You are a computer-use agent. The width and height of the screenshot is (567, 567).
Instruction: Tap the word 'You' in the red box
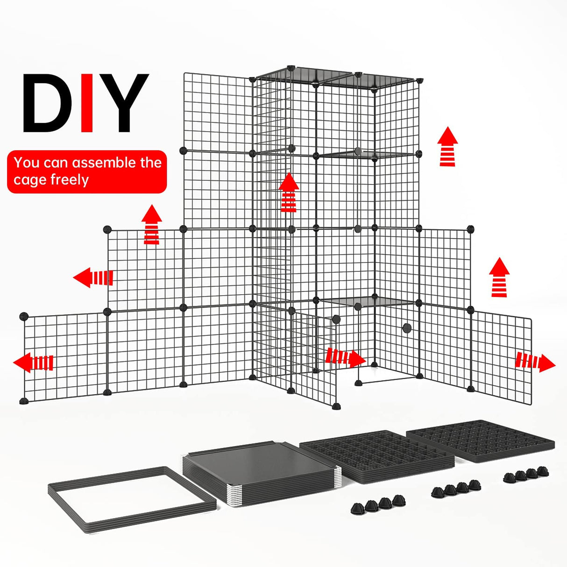pos(27,163)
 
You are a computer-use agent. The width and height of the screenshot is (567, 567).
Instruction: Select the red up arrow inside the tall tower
pos(289,192)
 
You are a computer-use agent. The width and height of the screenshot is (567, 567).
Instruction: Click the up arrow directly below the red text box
pos(151,225)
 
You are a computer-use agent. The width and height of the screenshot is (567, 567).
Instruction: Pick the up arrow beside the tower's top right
pos(447,146)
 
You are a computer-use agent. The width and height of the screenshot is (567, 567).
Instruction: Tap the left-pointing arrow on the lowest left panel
pos(33,362)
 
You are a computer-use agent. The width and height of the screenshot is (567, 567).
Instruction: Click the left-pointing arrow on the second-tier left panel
pos(93,278)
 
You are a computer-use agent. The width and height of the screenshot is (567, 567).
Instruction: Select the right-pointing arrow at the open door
pos(345,358)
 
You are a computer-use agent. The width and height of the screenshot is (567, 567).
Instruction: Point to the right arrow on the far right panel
pos(535,362)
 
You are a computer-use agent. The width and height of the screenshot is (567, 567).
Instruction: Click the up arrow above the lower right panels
pos(499,277)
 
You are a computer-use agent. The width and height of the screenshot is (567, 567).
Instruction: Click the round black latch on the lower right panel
pos(407,328)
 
